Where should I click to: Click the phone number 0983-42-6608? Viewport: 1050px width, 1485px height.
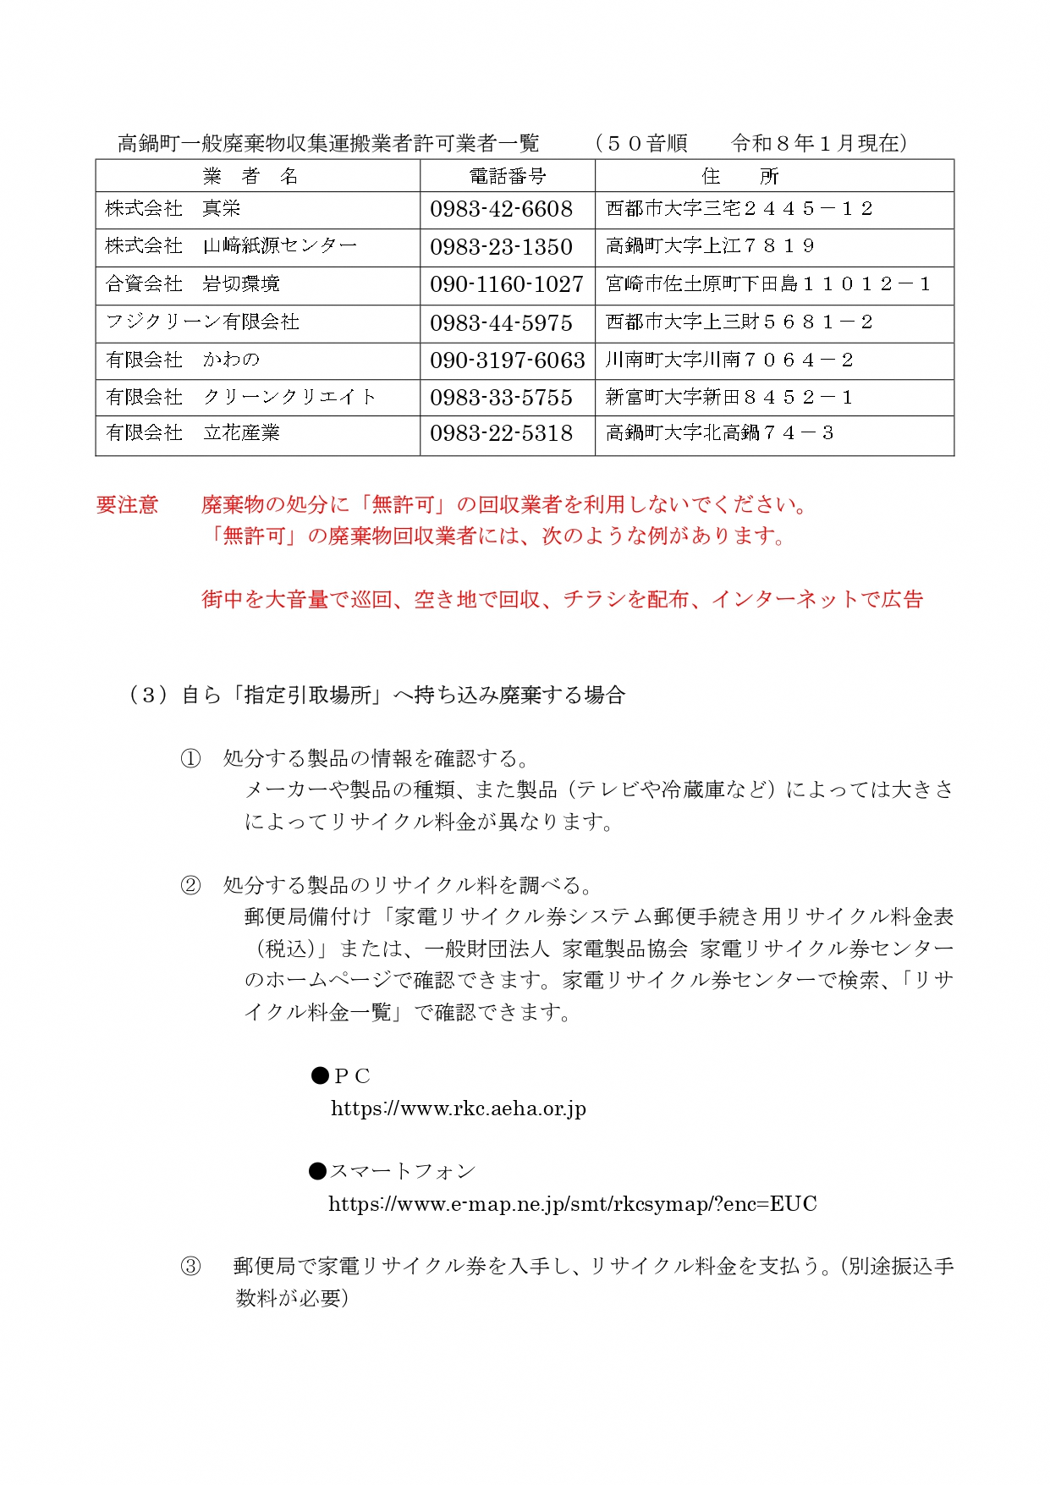pos(501,209)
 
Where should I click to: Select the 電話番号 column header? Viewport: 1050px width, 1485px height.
pos(508,176)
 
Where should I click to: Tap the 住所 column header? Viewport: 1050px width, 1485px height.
pos(739,176)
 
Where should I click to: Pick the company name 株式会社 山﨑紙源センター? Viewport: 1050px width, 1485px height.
pos(231,246)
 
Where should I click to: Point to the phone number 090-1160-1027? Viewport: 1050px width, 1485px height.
pos(506,284)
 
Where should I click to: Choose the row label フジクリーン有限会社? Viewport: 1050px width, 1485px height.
pos(202,322)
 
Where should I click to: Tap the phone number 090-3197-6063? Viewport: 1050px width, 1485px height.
pos(507,360)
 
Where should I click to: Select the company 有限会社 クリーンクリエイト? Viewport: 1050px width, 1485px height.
pos(240,397)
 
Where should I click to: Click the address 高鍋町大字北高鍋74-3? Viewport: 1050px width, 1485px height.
pos(719,433)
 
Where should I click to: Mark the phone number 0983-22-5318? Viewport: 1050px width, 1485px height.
pos(501,433)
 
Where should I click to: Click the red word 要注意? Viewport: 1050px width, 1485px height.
pos(127,505)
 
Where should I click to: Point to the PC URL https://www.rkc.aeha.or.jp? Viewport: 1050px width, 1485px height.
pos(458,1108)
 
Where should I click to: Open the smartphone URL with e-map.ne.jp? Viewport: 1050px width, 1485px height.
pos(572,1204)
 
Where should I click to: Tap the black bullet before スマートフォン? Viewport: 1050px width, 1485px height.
pos(318,1172)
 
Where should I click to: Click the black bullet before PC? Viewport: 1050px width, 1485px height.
pos(320,1075)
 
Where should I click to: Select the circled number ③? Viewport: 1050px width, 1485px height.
pos(191,1267)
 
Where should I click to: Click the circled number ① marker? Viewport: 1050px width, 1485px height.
pos(191,758)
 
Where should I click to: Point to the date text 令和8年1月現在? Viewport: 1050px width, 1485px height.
pos(819,144)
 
